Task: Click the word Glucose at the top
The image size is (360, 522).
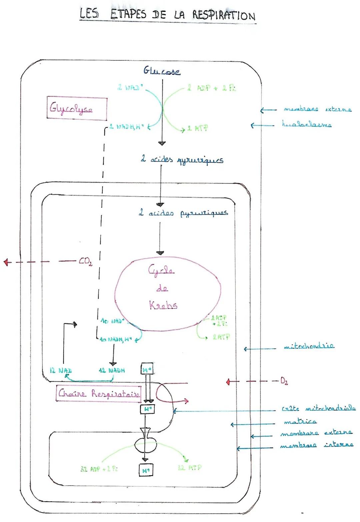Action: tap(162, 71)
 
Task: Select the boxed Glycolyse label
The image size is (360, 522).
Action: tap(77, 108)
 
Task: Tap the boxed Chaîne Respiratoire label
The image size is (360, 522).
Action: tap(99, 394)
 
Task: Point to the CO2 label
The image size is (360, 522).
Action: tap(85, 262)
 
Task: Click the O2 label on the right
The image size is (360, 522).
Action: tap(284, 381)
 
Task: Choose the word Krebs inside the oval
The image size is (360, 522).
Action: tap(163, 305)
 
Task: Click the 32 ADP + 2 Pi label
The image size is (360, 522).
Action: tap(99, 469)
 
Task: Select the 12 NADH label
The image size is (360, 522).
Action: tap(112, 370)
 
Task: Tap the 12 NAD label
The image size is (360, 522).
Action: tap(60, 370)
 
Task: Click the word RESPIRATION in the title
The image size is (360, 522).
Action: tap(223, 15)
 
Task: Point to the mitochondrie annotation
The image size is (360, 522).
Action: tap(309, 346)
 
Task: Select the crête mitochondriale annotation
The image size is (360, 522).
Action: tap(318, 409)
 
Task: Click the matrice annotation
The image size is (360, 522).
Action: tap(300, 422)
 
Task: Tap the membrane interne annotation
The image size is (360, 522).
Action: tap(316, 445)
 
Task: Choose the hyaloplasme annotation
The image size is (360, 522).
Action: tap(307, 125)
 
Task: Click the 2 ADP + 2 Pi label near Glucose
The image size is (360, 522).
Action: tap(211, 88)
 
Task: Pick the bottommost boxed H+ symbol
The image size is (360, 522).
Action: tap(146, 470)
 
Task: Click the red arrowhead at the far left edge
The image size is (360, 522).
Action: tap(6, 262)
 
